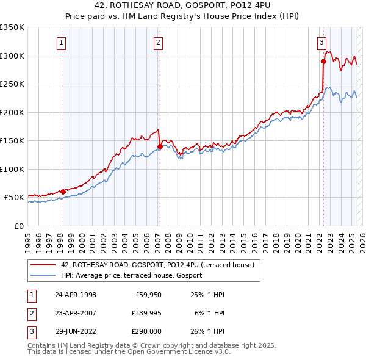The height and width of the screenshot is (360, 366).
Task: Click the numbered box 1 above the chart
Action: (x=62, y=42)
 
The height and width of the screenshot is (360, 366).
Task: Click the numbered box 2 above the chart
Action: (x=158, y=42)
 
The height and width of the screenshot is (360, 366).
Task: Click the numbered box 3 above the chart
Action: (x=321, y=42)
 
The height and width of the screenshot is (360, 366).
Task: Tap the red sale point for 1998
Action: (x=63, y=192)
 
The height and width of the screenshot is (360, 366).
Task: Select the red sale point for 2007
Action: (x=159, y=146)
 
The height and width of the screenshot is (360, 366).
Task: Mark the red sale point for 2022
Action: (x=323, y=61)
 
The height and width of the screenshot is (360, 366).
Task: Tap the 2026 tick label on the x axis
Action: (x=361, y=239)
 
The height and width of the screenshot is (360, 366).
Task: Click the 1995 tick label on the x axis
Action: (x=28, y=239)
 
